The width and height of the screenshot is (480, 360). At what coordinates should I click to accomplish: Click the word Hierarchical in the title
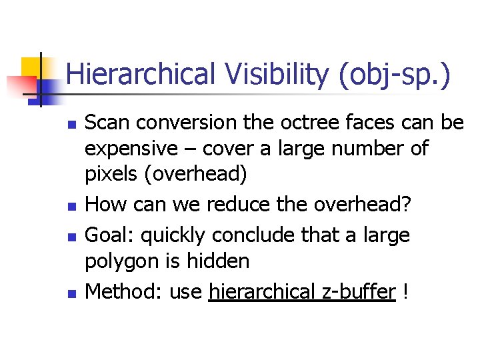[x=140, y=75]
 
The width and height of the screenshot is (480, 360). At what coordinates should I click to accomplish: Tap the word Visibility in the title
[x=274, y=75]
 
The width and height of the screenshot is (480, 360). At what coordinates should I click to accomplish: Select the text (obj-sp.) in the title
[x=394, y=75]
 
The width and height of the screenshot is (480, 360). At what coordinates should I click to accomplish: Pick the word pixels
[x=107, y=175]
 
